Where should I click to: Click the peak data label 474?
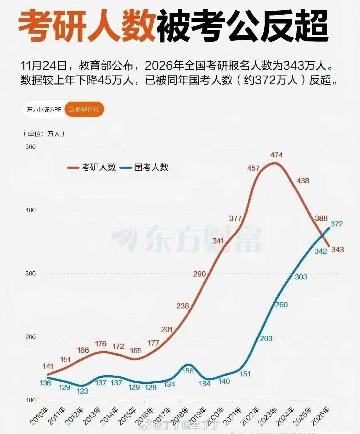pyautogui.click(x=277, y=155)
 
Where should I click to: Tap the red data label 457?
pyautogui.click(x=253, y=168)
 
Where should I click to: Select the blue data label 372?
pyautogui.click(x=337, y=224)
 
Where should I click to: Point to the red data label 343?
pyautogui.click(x=338, y=249)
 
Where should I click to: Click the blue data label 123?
pyautogui.click(x=82, y=391)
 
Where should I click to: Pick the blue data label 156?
pyautogui.click(x=188, y=371)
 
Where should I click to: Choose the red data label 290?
pyautogui.click(x=199, y=274)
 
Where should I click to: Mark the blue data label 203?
pyautogui.click(x=266, y=339)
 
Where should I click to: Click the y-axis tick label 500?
pyautogui.click(x=30, y=147)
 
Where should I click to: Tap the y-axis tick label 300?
pyautogui.click(x=30, y=274)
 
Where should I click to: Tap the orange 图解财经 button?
pyautogui.click(x=84, y=109)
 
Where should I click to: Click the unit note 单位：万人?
pyautogui.click(x=44, y=134)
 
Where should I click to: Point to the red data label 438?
pyautogui.click(x=303, y=181)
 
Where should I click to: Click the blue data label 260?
pyautogui.click(x=282, y=305)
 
